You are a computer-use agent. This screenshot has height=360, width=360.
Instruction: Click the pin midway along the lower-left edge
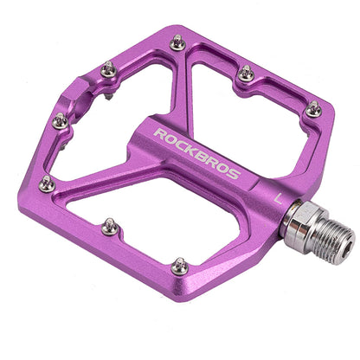110,228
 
